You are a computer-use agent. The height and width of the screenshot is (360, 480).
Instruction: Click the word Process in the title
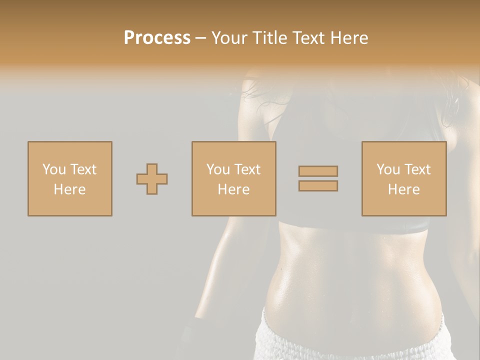[x=157, y=38]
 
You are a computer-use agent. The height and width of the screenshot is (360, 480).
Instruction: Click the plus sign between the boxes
[x=152, y=179]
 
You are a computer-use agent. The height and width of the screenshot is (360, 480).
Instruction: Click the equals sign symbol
[x=318, y=178]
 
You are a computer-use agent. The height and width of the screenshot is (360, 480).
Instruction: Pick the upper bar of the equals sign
[x=318, y=171]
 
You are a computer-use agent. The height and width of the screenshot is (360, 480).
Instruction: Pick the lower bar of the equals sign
[x=318, y=186]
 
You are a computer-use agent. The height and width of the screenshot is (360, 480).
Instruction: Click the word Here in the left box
[x=69, y=189]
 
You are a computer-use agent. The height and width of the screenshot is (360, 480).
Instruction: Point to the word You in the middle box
[x=217, y=169]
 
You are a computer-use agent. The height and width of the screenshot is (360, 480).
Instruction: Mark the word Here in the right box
[x=403, y=189]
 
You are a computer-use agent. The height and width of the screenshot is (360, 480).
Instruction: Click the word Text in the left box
[x=83, y=169]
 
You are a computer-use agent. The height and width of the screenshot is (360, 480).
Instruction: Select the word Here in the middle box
[x=233, y=189]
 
